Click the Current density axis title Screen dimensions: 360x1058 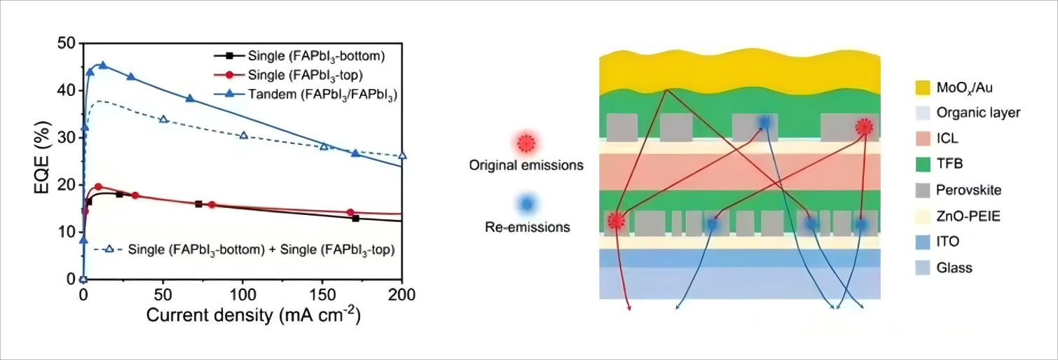(x=253, y=314)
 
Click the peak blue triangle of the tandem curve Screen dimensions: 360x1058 (x=102, y=65)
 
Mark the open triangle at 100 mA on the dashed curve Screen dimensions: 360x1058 (x=244, y=135)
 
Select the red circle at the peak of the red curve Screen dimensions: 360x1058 (x=98, y=187)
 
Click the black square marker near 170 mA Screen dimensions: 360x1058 (x=355, y=219)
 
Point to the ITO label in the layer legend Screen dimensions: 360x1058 (x=948, y=242)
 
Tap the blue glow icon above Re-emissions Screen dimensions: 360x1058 (x=527, y=204)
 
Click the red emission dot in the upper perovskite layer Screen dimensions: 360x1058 (x=864, y=127)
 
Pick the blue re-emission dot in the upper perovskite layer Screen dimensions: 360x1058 (x=764, y=123)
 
